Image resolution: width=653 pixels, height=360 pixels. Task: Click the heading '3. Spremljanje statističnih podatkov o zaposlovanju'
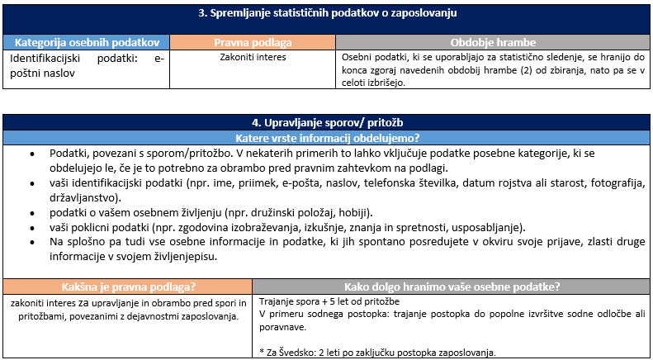point(327,13)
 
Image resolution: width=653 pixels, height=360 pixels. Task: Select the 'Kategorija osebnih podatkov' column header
point(87,42)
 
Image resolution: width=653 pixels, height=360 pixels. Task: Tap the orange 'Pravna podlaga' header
point(253,42)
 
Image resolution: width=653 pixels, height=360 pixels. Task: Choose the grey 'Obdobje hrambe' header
point(493,42)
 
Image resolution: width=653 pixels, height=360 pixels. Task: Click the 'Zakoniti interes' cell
point(253,59)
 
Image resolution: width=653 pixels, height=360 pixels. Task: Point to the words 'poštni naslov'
point(40,73)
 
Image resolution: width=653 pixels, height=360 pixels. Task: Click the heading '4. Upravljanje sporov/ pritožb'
point(327,122)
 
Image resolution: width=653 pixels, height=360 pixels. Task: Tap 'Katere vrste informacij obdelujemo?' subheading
point(327,137)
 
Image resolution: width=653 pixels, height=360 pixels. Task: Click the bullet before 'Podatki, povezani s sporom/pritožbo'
point(31,154)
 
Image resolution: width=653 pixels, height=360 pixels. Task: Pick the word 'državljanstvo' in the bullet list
point(82,198)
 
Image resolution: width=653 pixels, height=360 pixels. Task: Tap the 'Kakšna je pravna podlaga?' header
point(128,287)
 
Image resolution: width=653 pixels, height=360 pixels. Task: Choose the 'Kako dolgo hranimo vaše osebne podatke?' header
point(452,287)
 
